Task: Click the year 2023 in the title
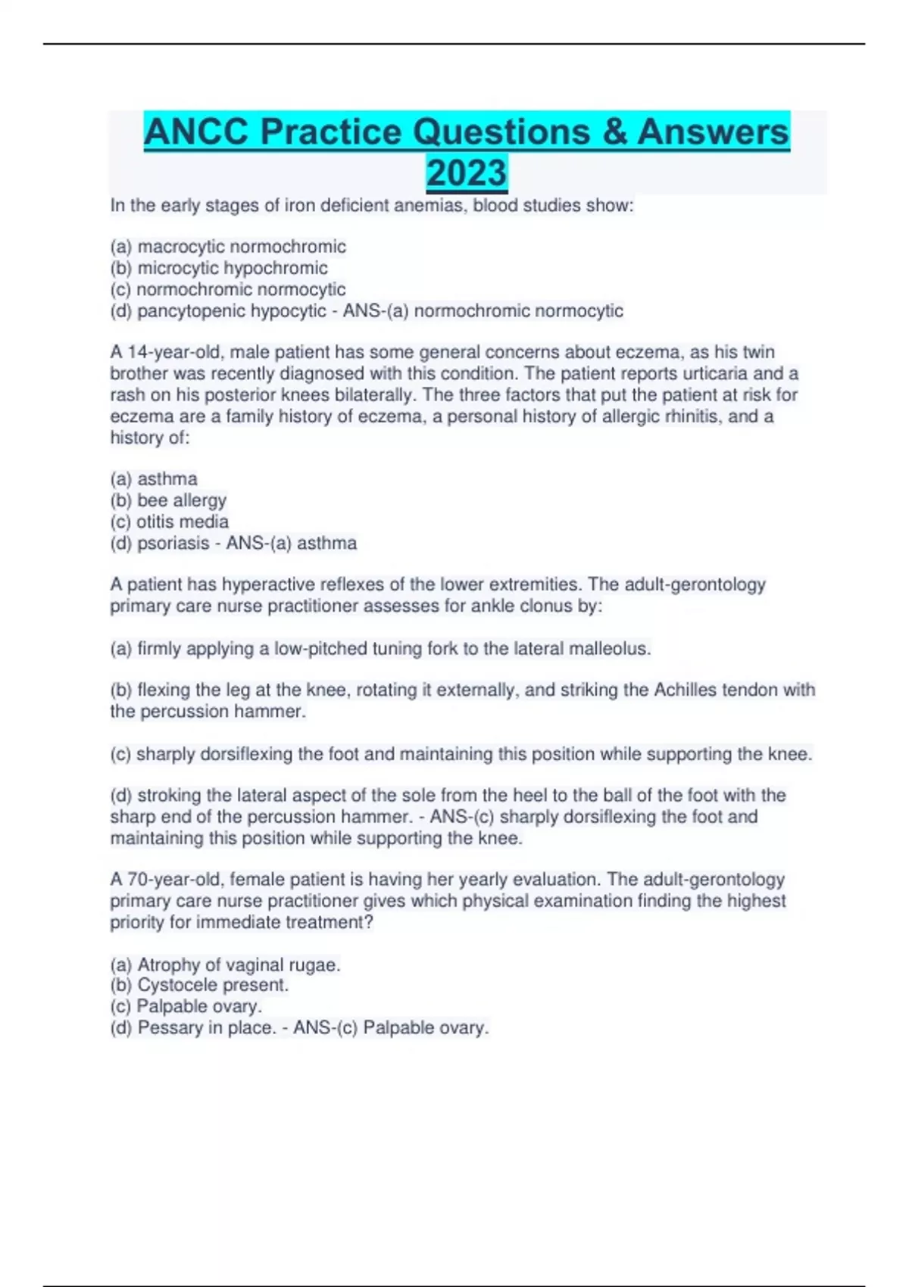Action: click(467, 173)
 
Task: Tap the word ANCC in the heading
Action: click(196, 132)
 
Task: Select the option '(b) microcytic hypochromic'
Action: click(219, 268)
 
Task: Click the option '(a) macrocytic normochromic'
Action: click(228, 247)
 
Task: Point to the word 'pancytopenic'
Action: click(183, 311)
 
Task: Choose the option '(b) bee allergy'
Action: click(168, 500)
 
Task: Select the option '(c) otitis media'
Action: click(169, 522)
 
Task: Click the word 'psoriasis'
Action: click(173, 544)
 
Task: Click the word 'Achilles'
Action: click(685, 690)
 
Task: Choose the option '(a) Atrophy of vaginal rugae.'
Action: click(225, 964)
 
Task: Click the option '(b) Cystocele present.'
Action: click(199, 985)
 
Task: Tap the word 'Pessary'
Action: click(170, 1028)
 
